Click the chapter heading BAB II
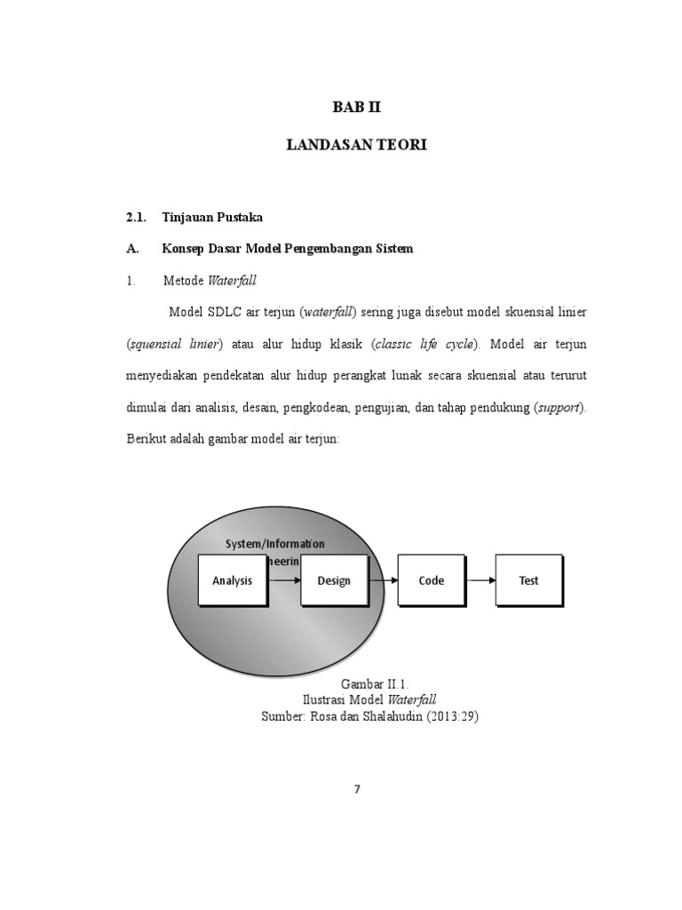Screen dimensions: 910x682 tap(356, 108)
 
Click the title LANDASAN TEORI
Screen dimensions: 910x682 tap(356, 144)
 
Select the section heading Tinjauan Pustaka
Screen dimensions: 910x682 tap(212, 218)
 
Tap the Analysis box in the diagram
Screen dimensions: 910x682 tap(232, 581)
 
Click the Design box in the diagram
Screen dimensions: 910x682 tap(334, 581)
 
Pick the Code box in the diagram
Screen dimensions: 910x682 tap(432, 581)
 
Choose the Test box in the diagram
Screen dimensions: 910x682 tap(528, 581)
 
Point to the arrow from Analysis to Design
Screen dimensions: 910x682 tap(283, 581)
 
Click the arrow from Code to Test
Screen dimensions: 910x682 tap(480, 581)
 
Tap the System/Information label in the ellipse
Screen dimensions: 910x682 tap(275, 544)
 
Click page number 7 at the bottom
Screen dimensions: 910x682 tap(357, 789)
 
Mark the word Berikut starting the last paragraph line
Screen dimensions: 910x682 tap(148, 439)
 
